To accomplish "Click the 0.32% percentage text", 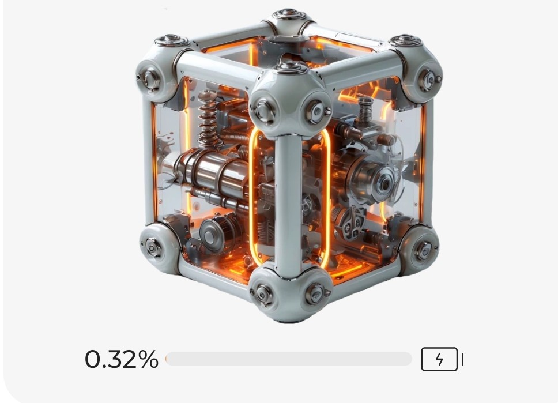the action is click(122, 359).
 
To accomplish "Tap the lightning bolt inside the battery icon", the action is click(440, 359).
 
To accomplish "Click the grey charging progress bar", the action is click(289, 359).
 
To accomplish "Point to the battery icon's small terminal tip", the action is click(462, 359).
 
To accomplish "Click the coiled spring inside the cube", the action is click(208, 119).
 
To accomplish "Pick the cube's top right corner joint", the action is click(417, 67).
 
